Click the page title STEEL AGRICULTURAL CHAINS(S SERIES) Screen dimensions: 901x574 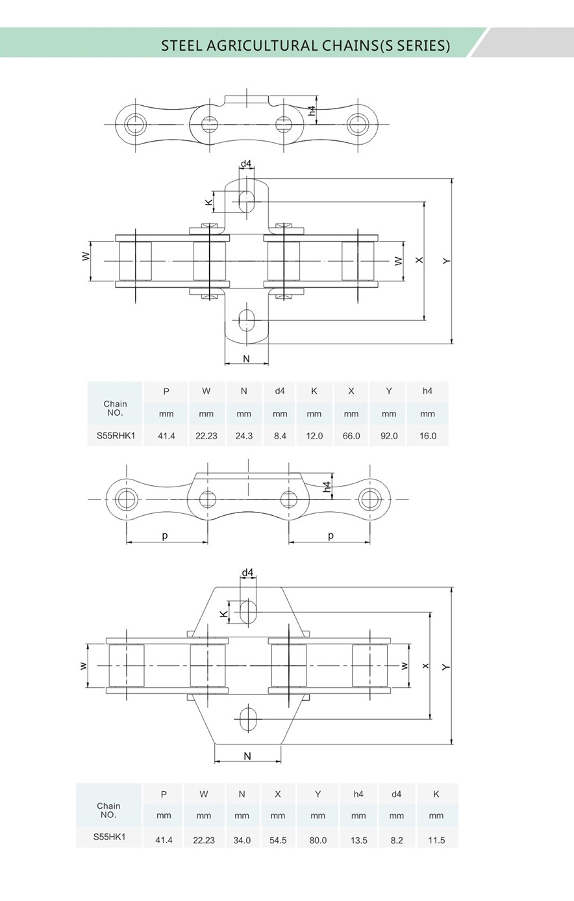(x=305, y=45)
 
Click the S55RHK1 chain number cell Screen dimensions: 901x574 (x=115, y=436)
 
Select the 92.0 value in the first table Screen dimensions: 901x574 (x=389, y=436)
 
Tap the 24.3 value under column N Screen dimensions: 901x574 (x=244, y=436)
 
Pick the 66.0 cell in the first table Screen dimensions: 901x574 (x=351, y=436)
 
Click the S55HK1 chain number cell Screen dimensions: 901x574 (x=109, y=837)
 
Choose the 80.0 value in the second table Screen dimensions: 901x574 (x=318, y=840)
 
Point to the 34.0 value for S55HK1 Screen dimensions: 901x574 (x=242, y=840)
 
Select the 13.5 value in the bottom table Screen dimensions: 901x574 (x=358, y=840)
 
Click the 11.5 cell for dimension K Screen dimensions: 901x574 (x=436, y=840)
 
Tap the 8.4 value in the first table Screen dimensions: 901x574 (x=280, y=436)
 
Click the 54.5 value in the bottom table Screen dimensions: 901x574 (x=278, y=840)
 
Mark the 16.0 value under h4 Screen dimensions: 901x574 (x=428, y=436)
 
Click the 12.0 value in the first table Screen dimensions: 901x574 (x=314, y=436)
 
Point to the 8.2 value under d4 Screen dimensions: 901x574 (x=397, y=840)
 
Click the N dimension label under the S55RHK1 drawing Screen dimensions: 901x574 (x=246, y=359)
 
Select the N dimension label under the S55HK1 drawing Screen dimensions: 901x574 (x=247, y=755)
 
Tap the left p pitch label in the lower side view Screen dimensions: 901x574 (x=165, y=536)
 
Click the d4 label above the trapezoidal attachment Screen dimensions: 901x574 (x=247, y=573)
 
